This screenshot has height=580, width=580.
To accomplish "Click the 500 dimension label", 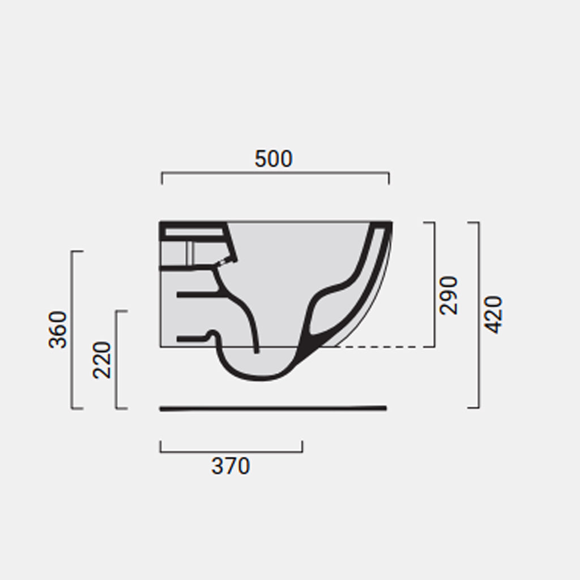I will (274, 159).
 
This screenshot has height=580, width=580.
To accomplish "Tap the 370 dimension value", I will (231, 466).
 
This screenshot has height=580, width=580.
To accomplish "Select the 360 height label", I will (58, 329).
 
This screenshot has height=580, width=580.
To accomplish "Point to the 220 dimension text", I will (103, 360).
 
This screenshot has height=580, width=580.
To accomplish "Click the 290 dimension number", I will (449, 295).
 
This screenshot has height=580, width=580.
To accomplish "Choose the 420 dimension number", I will (493, 314).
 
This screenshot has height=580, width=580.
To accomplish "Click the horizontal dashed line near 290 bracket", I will (385, 346).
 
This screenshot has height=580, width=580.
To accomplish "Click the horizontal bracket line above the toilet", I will (275, 173).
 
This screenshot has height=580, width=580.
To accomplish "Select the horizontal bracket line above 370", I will (231, 451).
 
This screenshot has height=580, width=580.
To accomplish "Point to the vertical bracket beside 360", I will (72, 329).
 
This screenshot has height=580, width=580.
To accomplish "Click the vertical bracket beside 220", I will (117, 359).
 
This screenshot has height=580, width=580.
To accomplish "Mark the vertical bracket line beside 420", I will (479, 314).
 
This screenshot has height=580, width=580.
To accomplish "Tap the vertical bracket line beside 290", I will (434, 283).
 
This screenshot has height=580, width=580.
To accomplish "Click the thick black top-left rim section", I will (193, 225).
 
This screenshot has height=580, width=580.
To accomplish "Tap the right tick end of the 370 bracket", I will (302, 447).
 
